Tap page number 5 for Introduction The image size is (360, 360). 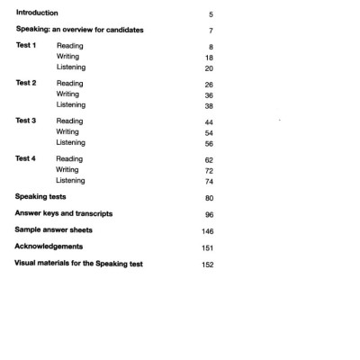pos(210,13)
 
